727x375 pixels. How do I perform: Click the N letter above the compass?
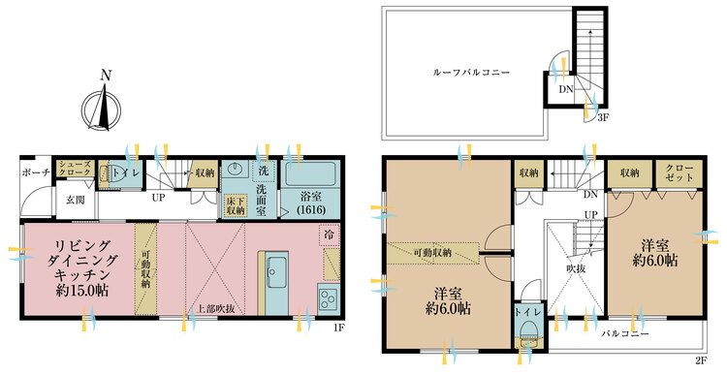[107, 76]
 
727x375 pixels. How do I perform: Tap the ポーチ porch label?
[36, 172]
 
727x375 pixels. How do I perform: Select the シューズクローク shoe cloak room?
[76, 169]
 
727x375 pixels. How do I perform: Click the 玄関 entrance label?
[76, 201]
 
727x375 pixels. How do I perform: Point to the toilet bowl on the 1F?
[105, 173]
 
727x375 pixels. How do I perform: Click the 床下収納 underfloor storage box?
[236, 205]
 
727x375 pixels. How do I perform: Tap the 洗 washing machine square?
[264, 171]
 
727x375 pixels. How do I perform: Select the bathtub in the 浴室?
[310, 173]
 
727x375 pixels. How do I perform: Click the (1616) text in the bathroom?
[311, 209]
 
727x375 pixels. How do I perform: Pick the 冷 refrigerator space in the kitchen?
[330, 235]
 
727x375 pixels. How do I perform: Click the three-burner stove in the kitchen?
[329, 298]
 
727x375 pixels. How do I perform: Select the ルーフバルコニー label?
[471, 73]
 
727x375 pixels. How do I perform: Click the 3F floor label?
[602, 117]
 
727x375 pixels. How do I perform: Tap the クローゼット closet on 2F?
[679, 173]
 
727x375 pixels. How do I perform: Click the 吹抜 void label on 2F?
[575, 268]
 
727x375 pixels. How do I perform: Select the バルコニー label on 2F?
[625, 333]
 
